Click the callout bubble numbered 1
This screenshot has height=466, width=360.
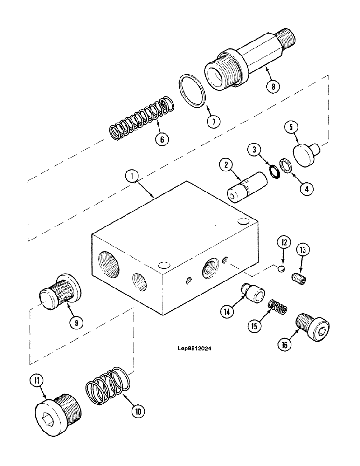click(132, 176)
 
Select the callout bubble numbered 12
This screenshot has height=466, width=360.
click(284, 242)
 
